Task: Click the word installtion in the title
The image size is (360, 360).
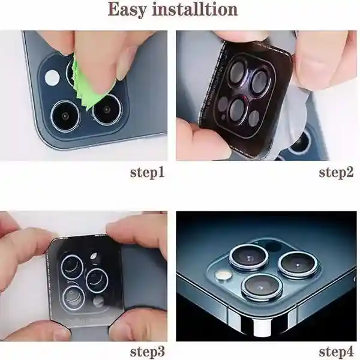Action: click(195, 9)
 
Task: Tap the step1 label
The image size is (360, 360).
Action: click(148, 173)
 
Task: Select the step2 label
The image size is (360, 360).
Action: click(337, 173)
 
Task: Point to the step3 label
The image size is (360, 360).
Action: click(148, 352)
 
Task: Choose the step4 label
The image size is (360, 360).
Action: click(337, 352)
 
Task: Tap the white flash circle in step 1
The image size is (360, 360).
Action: click(52, 77)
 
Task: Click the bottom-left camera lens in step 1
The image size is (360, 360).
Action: click(65, 116)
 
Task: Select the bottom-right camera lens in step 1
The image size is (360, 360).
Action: click(107, 110)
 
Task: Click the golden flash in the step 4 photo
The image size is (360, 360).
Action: click(223, 275)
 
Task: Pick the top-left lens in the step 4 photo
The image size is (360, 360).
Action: click(249, 257)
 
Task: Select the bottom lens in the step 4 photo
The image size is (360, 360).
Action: click(262, 287)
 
